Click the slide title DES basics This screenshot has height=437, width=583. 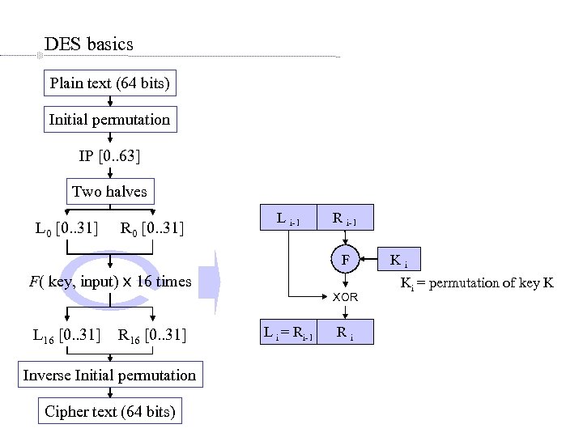tap(89, 44)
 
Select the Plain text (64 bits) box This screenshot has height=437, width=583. tap(109, 83)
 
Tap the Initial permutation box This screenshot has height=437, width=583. tap(109, 120)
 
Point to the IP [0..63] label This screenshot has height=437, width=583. tap(110, 155)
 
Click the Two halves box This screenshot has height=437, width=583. tap(109, 192)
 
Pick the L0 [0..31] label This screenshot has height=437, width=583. tap(66, 229)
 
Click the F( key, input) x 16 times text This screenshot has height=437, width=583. tap(109, 282)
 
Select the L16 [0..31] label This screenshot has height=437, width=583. tap(66, 334)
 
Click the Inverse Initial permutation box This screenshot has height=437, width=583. tap(109, 375)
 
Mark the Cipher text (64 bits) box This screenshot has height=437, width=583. tap(109, 411)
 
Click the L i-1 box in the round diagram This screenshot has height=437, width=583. tap(288, 218)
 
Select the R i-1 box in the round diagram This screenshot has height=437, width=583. tap(345, 218)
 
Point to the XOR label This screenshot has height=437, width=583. tap(346, 298)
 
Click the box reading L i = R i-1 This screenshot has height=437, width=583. tap(288, 332)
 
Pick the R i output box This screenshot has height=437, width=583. tap(345, 332)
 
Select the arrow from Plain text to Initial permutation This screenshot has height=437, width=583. tap(110, 101)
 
